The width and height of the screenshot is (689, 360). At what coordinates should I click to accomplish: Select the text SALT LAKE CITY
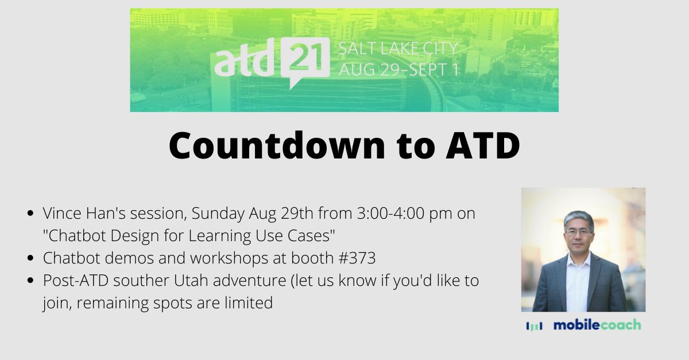[398, 48]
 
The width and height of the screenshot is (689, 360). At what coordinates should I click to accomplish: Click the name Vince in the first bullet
[61, 214]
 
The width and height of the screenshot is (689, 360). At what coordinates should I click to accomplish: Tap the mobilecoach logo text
[597, 325]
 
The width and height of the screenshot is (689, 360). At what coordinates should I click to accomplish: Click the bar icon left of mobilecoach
[533, 326]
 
